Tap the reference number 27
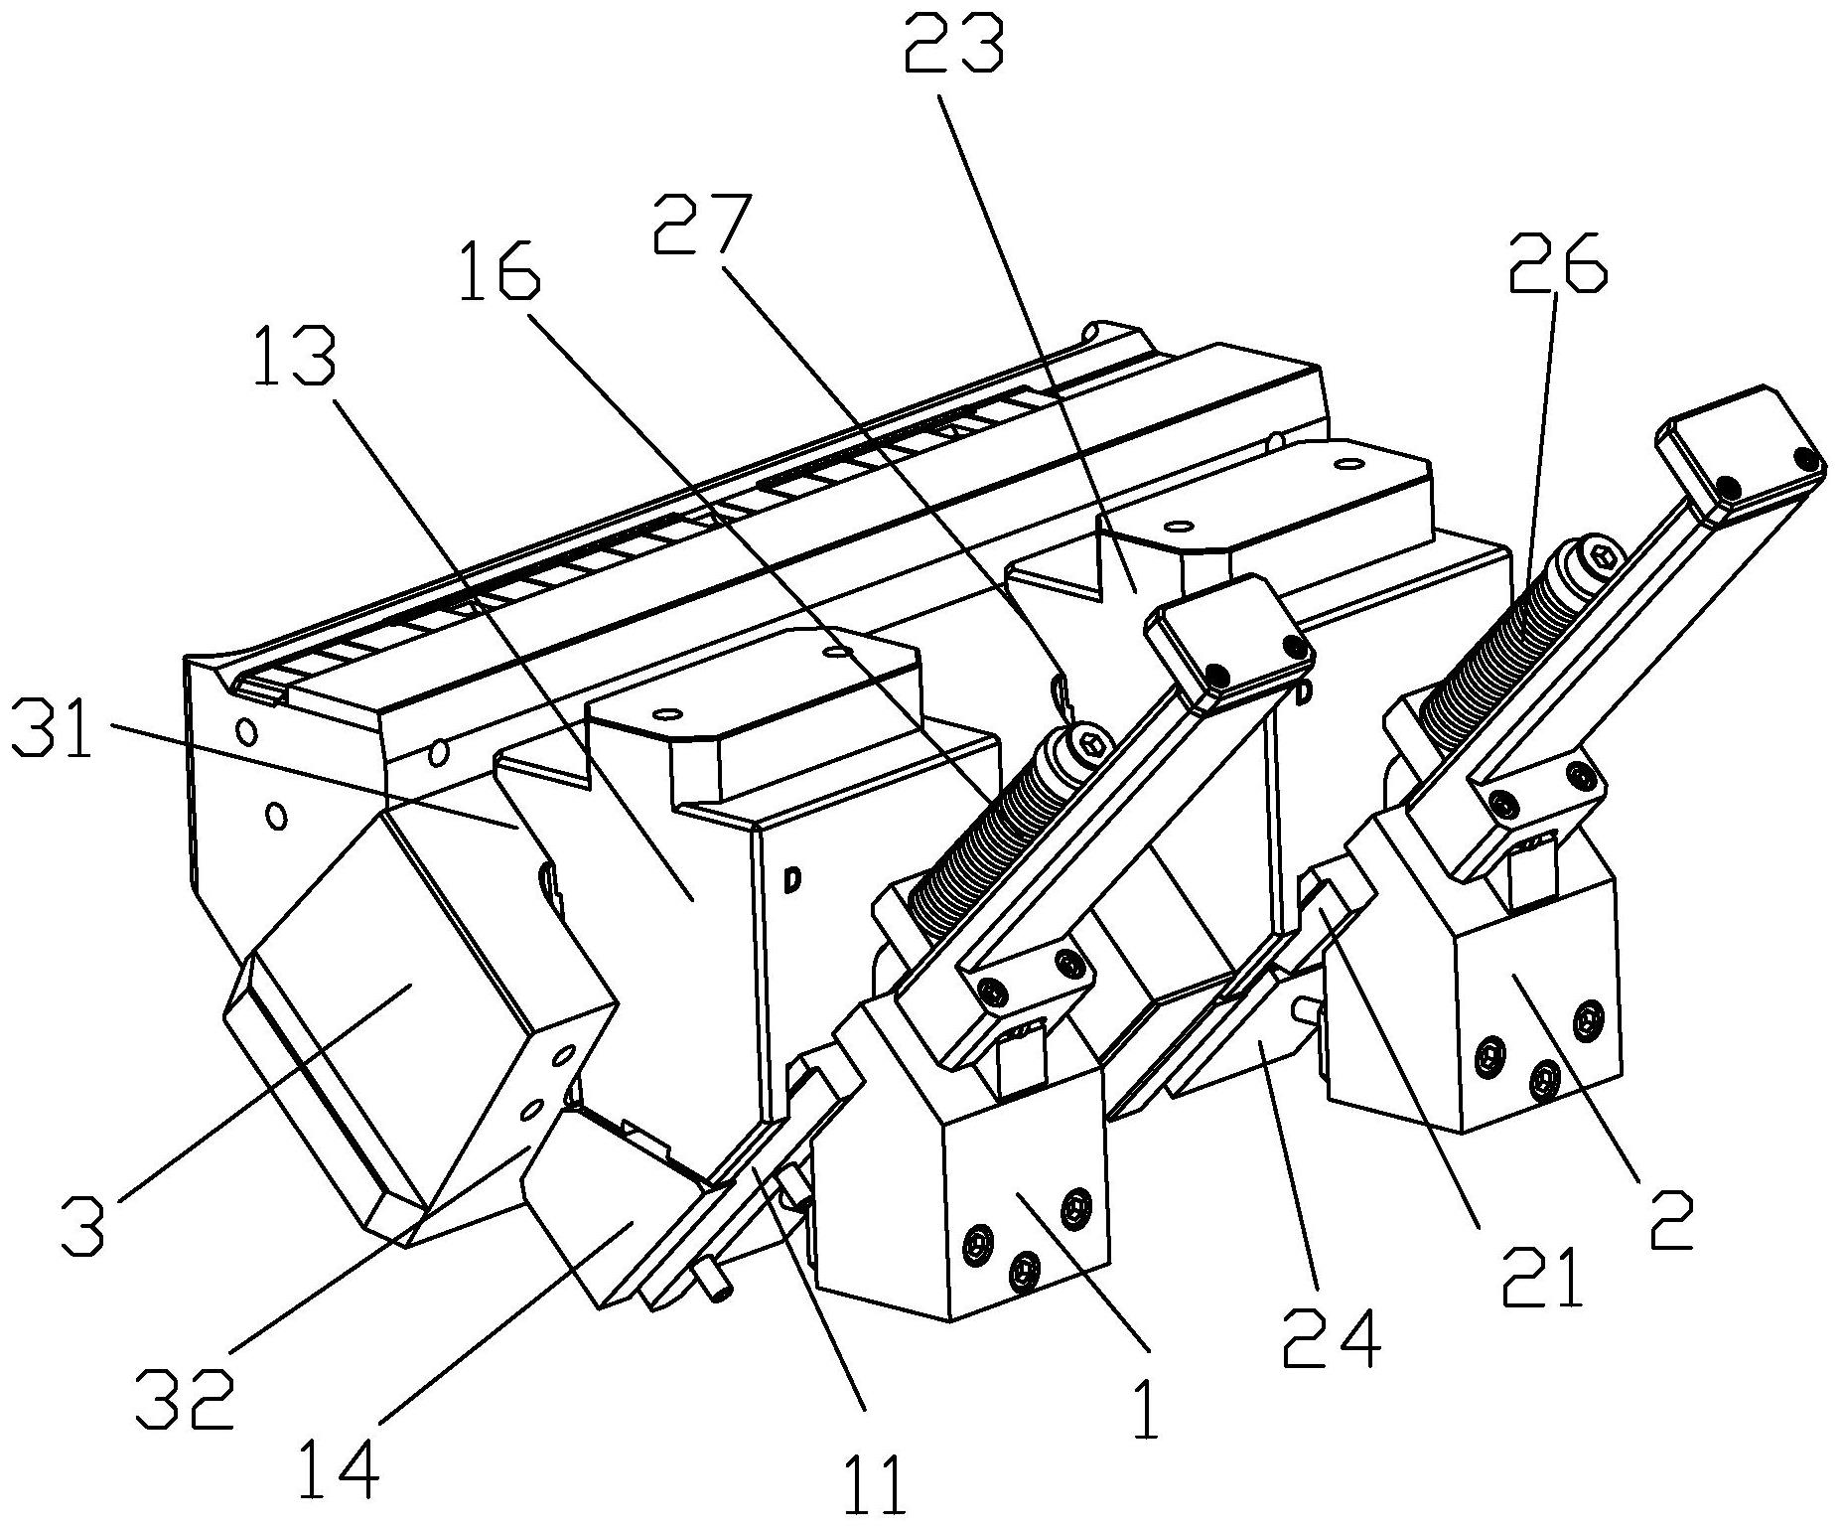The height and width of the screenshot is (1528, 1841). [x=702, y=226]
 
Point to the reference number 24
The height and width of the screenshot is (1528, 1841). [x=1330, y=1340]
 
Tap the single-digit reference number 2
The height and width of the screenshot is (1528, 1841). [x=1670, y=1217]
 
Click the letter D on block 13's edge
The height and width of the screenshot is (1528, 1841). [x=792, y=878]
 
